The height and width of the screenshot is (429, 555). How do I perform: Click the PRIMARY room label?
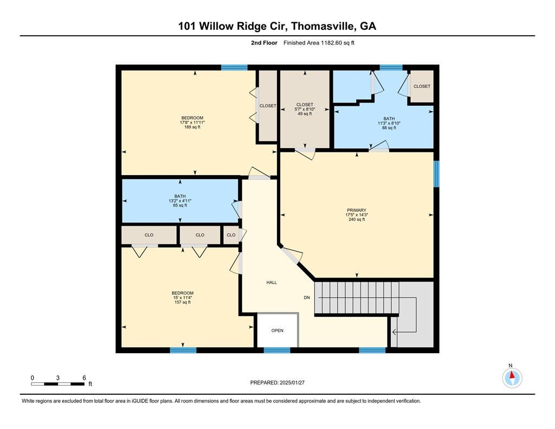(357, 210)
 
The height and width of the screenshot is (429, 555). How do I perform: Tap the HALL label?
(272, 283)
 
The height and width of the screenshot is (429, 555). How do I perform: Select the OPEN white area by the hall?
(277, 330)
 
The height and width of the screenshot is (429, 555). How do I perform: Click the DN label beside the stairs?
(307, 297)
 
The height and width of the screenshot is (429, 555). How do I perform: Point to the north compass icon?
(512, 377)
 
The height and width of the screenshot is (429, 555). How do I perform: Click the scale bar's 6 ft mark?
(84, 378)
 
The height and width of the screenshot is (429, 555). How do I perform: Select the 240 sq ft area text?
(357, 220)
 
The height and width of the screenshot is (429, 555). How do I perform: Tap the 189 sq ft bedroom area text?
(192, 127)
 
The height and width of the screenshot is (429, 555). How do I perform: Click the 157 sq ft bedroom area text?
(183, 302)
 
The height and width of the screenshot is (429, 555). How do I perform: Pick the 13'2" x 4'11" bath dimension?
(180, 201)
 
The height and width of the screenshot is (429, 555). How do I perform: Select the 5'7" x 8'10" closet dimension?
(304, 109)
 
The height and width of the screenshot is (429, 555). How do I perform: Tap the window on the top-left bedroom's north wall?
(234, 67)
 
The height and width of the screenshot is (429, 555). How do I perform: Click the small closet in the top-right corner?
(421, 86)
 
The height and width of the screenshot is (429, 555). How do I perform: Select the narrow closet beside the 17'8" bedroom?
(267, 106)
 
